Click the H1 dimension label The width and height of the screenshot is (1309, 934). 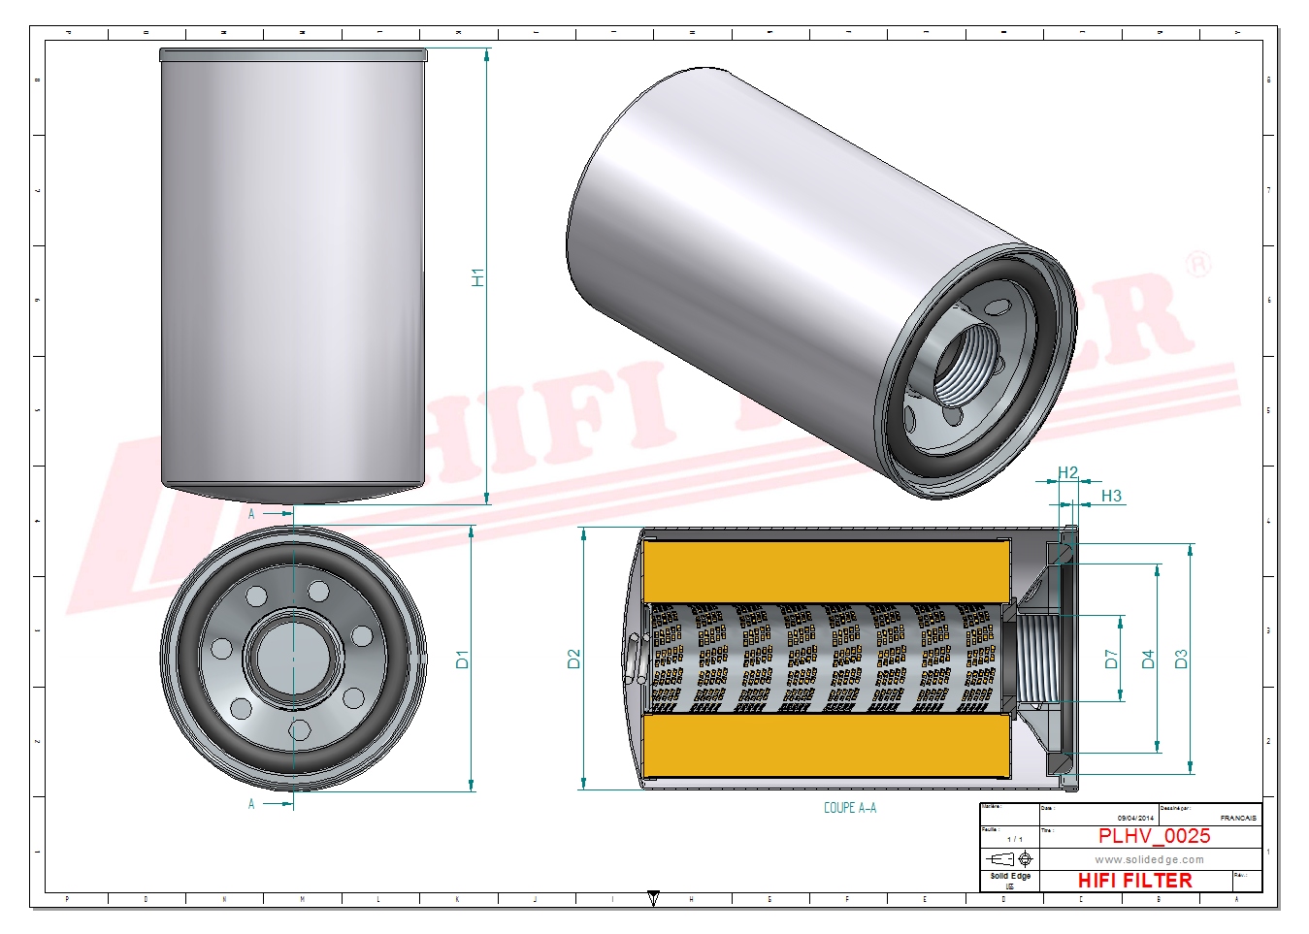[x=477, y=277]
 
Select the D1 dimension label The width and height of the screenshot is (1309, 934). [x=463, y=660]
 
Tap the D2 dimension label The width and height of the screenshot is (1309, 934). [x=573, y=660]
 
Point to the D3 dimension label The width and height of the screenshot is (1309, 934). [x=1181, y=660]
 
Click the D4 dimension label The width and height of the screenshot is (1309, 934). [x=1149, y=660]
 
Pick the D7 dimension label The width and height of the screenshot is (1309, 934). [x=1112, y=660]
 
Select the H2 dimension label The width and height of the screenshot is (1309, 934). [x=1067, y=473]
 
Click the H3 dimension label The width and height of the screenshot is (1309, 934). [x=1111, y=497]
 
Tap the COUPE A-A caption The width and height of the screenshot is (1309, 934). [x=849, y=808]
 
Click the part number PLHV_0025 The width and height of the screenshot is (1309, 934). [x=1154, y=836]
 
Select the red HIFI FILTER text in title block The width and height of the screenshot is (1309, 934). [x=1134, y=881]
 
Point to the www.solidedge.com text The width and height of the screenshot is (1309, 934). [x=1149, y=859]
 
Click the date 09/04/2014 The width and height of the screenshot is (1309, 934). [x=1135, y=819]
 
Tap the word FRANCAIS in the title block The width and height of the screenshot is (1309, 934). [x=1238, y=819]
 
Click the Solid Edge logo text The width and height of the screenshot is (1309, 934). [x=1010, y=877]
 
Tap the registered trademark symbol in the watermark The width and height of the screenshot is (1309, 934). [x=1199, y=264]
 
